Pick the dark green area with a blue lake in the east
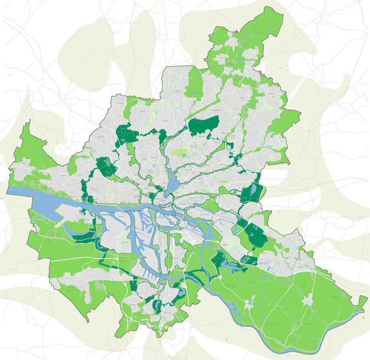tap(256, 192)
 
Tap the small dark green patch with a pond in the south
tap(182, 293)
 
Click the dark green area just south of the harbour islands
tap(133, 285)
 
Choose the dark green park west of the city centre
tap(105, 167)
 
